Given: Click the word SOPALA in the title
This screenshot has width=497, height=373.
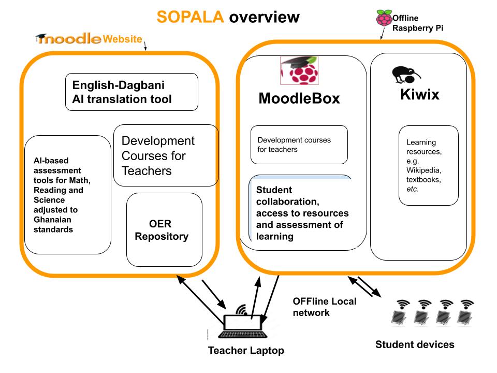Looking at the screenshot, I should [x=190, y=17].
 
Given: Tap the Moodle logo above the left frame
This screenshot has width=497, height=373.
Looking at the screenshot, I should [x=69, y=39].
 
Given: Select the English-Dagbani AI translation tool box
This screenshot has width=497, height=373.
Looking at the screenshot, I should [x=131, y=92].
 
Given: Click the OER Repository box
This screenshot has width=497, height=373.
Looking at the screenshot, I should [x=164, y=230].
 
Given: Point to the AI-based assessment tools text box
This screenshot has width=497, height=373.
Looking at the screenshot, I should [x=67, y=195].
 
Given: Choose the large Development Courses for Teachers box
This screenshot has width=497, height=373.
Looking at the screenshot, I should [x=166, y=155].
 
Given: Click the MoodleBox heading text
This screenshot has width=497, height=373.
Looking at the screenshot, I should [x=299, y=98].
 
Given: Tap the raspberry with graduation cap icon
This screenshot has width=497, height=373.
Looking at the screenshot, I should [x=300, y=70].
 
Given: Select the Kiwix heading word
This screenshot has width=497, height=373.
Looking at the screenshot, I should [x=419, y=95].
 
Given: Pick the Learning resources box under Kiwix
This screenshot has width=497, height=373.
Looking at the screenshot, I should [x=428, y=165].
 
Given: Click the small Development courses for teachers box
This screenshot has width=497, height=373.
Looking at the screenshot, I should [x=299, y=145].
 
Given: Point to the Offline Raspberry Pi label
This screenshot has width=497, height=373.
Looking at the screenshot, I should [x=417, y=23].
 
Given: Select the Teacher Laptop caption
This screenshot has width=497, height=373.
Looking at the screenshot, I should [x=246, y=351].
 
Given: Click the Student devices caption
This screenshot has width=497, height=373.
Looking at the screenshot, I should [x=415, y=345].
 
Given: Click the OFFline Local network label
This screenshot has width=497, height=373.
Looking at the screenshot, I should [x=324, y=307].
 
